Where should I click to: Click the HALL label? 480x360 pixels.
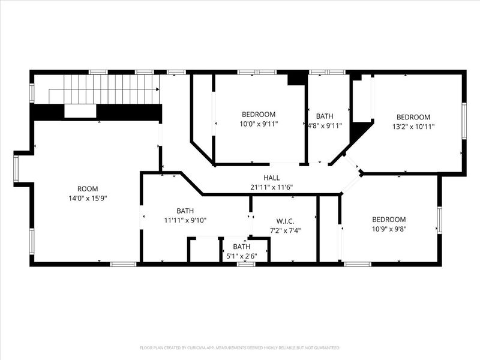tap(272, 178)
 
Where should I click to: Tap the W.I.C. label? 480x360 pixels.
tap(286, 221)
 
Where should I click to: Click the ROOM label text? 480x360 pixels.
tap(88, 189)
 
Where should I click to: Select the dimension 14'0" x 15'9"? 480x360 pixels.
tap(88, 199)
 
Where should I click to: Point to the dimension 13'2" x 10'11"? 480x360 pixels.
tap(413, 127)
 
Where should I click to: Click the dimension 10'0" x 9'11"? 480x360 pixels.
tap(259, 124)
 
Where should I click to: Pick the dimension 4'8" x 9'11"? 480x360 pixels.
tap(325, 125)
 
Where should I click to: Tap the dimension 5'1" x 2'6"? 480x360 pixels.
tap(242, 256)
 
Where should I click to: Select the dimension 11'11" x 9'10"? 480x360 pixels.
tap(185, 220)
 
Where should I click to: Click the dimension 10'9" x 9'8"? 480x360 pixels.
tap(389, 229)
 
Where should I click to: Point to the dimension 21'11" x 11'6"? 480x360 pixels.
tap(272, 187)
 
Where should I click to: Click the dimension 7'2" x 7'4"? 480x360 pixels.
tap(286, 230)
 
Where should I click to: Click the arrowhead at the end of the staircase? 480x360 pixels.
tap(158, 89)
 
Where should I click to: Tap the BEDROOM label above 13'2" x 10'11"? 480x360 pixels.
tap(413, 117)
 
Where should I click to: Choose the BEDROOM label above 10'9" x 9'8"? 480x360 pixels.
tap(389, 220)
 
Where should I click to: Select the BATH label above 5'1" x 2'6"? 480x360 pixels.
tap(242, 247)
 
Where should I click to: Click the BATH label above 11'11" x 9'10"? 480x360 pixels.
tap(185, 211)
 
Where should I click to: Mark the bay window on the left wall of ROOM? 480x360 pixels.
tap(16, 169)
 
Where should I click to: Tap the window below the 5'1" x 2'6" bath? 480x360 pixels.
tap(246, 264)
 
